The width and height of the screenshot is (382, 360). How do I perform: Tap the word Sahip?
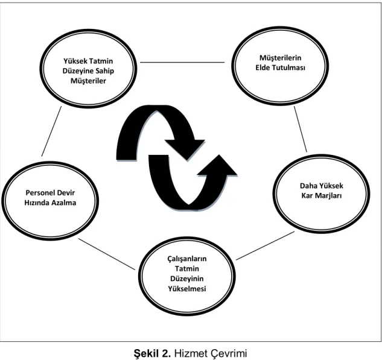coord(104,71)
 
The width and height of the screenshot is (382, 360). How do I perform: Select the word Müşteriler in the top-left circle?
coord(88,81)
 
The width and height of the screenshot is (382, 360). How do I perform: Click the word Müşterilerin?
coord(280,58)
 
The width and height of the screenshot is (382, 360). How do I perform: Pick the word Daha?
coord(308,186)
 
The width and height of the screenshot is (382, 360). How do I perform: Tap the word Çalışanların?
coord(187,259)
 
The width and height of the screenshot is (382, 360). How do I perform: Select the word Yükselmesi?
coord(187,289)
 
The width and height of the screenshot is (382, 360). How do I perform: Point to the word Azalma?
coord(65,203)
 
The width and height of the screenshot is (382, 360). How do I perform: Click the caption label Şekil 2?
coord(152,353)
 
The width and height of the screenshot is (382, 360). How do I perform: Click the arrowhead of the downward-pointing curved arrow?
coord(186,149)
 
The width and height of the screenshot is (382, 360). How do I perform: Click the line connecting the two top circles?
coord(182,62)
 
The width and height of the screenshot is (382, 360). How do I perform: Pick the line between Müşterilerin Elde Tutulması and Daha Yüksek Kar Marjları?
coord(301,129)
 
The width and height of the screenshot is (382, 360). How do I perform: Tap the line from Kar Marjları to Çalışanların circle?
coord(266,245)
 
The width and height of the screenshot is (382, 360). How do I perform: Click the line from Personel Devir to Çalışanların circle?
coord(106,254)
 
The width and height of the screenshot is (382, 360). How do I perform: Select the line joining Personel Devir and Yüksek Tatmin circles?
coord(51,131)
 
